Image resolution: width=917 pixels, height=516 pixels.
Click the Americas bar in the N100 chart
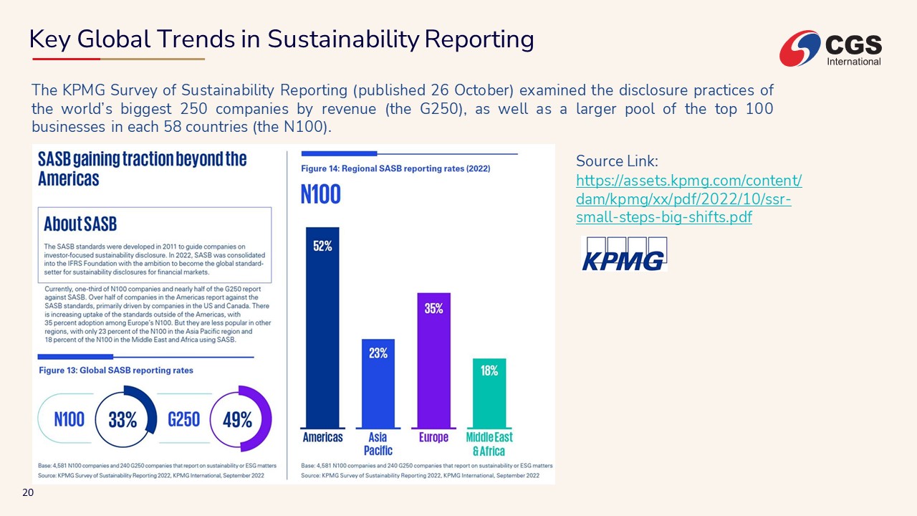[322, 337]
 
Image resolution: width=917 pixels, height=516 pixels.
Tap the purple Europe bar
[433, 365]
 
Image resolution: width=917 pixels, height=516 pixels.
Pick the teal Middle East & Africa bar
[489, 398]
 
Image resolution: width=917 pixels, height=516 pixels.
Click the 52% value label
[322, 246]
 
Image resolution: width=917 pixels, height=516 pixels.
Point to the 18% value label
[489, 371]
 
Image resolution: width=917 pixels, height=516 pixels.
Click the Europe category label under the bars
[433, 437]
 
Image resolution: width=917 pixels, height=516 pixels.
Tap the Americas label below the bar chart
[323, 437]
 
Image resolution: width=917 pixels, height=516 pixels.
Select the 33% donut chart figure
[123, 420]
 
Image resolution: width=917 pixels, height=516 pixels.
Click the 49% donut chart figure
[237, 420]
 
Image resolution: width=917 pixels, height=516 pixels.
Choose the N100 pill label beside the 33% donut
[69, 419]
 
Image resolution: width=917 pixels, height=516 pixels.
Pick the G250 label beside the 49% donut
[183, 419]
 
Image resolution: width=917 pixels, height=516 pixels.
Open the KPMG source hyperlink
[688, 199]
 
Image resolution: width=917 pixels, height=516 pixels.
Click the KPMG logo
[623, 254]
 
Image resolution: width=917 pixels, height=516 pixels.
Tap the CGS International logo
[831, 49]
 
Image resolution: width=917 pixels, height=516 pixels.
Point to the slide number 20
[29, 492]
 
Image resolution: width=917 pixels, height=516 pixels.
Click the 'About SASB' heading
[80, 224]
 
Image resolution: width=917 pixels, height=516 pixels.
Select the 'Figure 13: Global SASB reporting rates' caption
[115, 371]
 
